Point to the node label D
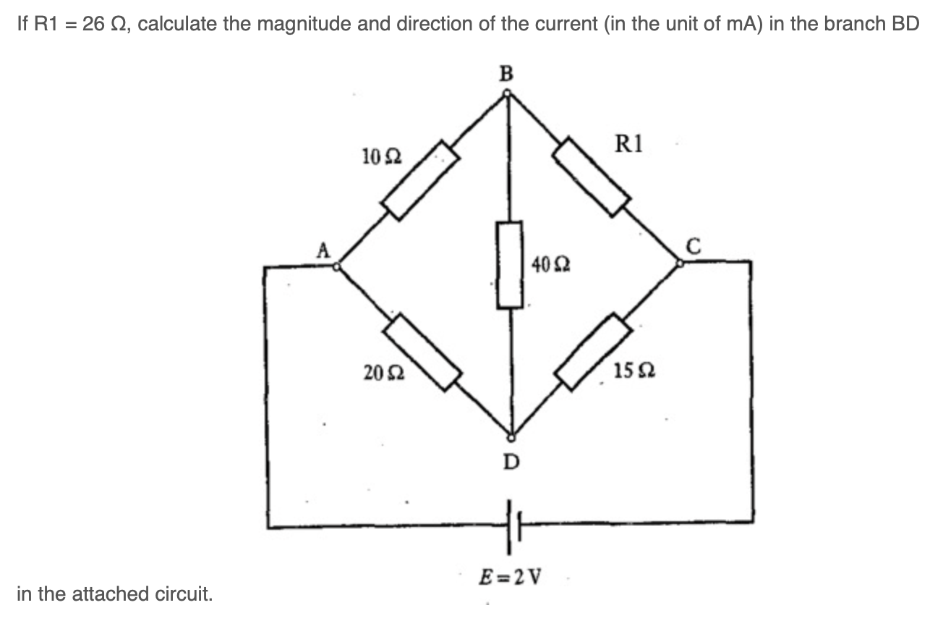point(511,460)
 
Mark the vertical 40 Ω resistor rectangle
point(510,265)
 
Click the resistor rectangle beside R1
point(592,176)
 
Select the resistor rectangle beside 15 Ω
point(594,352)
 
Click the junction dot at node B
point(508,93)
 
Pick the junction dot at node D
point(511,437)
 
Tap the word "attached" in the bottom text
point(121,594)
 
